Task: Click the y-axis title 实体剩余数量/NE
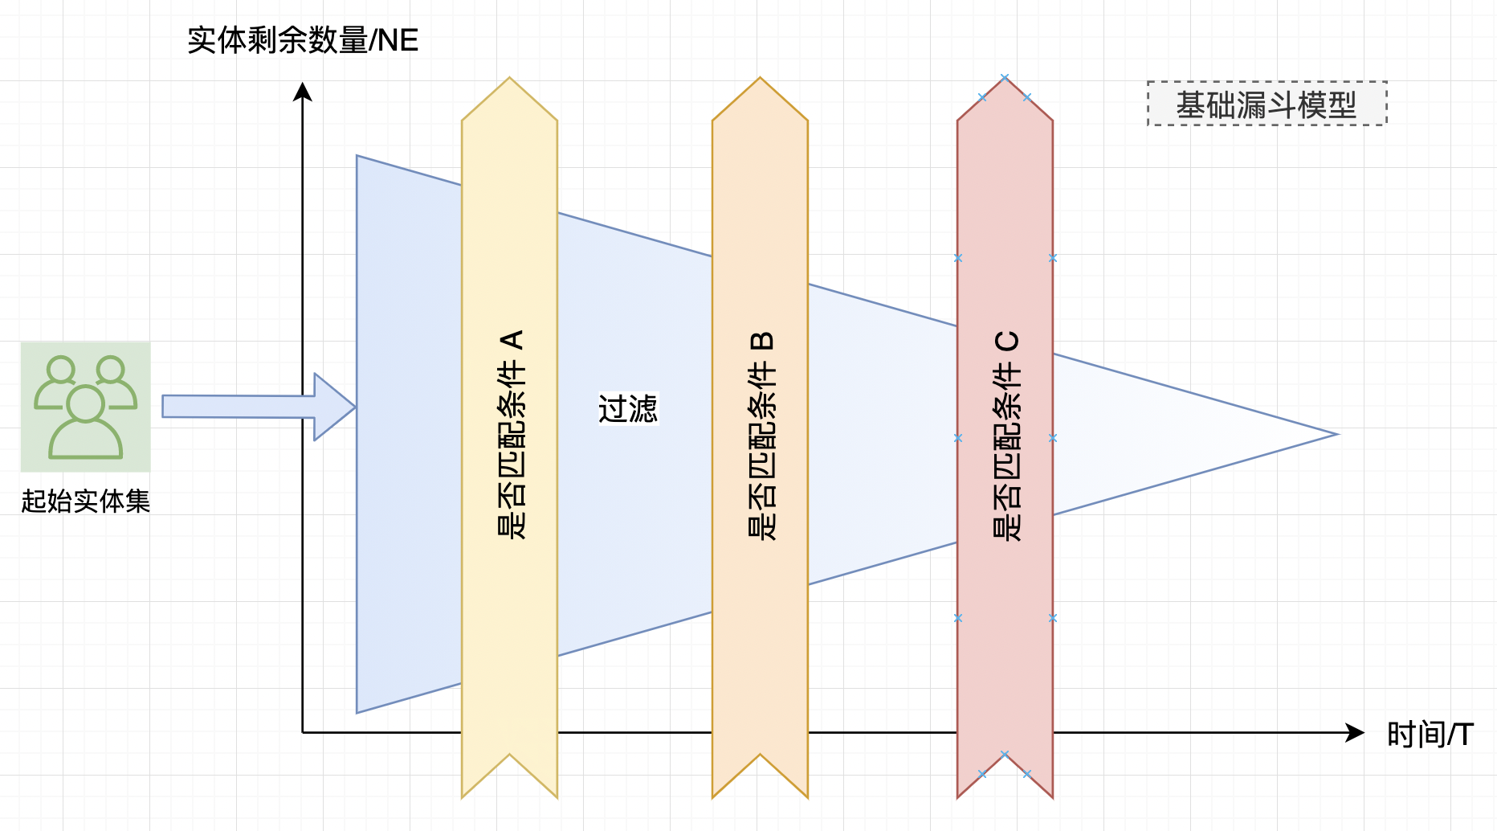[x=303, y=40]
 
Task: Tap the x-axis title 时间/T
[x=1430, y=735]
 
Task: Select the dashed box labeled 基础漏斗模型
[x=1267, y=104]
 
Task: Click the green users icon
[x=86, y=407]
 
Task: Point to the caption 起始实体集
[x=86, y=501]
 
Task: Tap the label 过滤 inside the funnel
[x=628, y=408]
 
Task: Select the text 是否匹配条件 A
[x=511, y=434]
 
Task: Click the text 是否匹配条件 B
[x=761, y=434]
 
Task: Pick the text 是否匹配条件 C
[x=1006, y=434]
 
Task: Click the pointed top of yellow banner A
[x=509, y=81]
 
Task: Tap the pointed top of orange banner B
[x=760, y=81]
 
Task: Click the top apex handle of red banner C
[x=1005, y=78]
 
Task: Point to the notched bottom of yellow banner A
[x=509, y=758]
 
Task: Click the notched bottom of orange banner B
[x=760, y=758]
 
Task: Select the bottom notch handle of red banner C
[x=1005, y=755]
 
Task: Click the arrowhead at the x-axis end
[x=1356, y=732]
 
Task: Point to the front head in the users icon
[x=85, y=403]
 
